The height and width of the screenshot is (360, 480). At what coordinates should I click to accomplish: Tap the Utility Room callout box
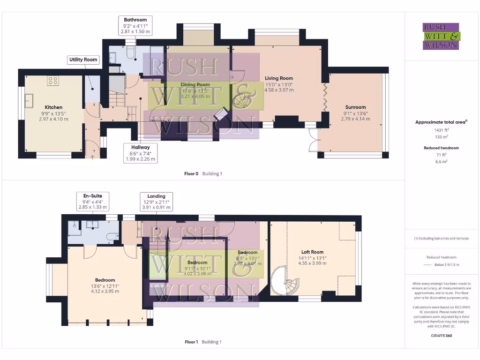point(83,60)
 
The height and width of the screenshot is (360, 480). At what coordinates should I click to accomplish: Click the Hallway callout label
point(141,153)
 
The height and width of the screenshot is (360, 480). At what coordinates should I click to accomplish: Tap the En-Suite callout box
point(92,201)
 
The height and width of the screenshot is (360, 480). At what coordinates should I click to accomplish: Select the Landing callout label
point(156,202)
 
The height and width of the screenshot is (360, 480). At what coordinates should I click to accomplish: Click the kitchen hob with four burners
point(52,81)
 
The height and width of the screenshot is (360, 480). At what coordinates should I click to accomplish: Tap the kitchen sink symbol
point(29,100)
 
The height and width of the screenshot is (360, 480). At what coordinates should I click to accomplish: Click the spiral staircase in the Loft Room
point(286,281)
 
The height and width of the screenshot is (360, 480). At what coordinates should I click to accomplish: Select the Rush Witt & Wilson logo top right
point(441,37)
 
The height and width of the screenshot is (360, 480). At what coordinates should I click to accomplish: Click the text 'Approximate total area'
point(441,122)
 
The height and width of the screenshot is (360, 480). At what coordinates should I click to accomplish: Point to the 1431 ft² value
point(441,130)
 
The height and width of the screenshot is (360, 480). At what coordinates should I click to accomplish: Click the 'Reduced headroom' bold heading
point(441,148)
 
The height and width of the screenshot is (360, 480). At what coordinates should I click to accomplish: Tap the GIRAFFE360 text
point(441,336)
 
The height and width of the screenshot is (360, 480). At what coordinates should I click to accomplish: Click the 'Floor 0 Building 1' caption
point(203,173)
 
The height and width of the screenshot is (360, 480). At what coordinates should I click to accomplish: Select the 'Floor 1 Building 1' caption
point(203,342)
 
